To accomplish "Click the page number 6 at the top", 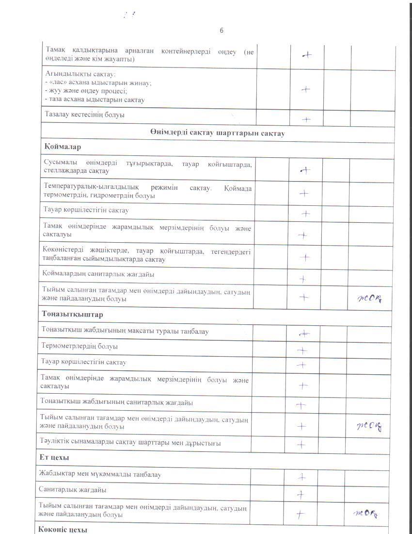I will [222, 31].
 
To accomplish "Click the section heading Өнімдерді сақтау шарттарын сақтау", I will [217, 133].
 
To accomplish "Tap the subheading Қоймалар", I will [63, 147].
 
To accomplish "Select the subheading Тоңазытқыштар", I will [72, 314].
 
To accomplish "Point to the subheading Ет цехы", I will [54, 458].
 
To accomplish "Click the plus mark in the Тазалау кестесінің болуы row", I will [306, 119].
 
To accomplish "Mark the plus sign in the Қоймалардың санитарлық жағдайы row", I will [303, 279].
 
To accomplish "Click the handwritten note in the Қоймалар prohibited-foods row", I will [369, 298].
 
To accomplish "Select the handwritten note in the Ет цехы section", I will [365, 512].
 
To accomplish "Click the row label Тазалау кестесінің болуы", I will [85, 116].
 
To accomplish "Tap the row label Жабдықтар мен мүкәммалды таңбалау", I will [100, 474].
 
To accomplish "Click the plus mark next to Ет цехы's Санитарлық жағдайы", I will [301, 495].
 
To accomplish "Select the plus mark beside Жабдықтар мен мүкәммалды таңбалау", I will [302, 477].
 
